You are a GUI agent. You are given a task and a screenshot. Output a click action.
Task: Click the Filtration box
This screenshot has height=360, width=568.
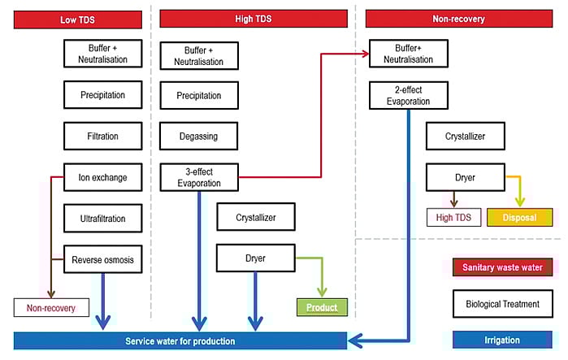tap(102, 136)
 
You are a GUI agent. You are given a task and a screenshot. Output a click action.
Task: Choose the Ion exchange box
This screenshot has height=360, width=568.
tap(102, 177)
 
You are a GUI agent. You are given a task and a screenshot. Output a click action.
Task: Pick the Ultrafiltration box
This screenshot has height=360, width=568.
tap(102, 218)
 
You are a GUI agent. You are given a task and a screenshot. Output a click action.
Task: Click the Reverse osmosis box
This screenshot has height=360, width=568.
tap(102, 260)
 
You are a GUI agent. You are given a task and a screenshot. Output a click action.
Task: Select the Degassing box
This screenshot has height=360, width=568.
tap(198, 136)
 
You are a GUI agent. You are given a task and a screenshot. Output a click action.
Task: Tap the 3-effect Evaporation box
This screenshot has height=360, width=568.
tap(198, 177)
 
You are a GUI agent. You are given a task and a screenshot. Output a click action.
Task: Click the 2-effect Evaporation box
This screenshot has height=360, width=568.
tap(410, 95)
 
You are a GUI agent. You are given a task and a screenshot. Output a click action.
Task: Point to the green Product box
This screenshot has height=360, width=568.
tap(321, 307)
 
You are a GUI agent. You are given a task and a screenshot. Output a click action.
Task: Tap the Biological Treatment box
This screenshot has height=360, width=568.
tap(503, 304)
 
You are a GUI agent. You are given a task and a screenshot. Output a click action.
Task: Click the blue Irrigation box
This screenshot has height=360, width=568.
tap(503, 340)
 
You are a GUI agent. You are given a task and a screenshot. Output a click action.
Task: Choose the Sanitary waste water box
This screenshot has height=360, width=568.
tap(503, 267)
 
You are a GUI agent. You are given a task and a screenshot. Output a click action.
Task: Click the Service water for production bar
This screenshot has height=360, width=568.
tap(180, 340)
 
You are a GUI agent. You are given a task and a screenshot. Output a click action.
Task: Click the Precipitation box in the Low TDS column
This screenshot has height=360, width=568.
tap(102, 95)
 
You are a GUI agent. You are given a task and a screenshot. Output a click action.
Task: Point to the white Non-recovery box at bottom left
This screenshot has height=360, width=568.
tap(50, 308)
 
